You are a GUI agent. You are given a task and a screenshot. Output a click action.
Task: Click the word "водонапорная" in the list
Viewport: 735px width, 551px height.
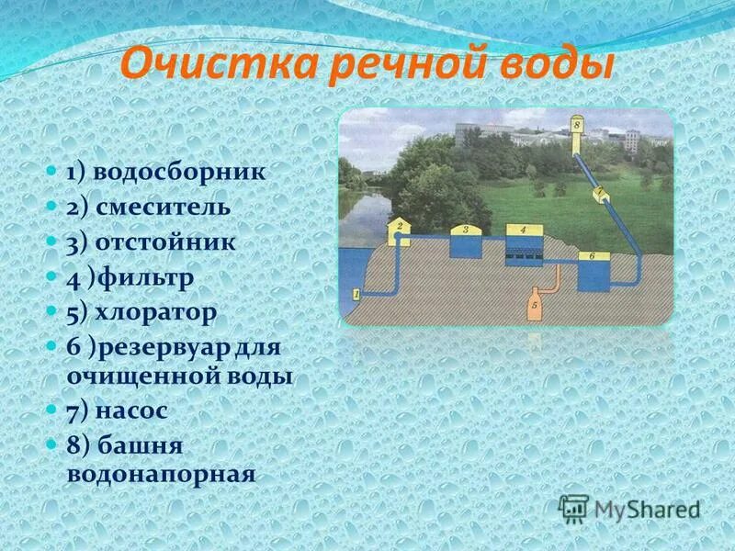coord(160,475)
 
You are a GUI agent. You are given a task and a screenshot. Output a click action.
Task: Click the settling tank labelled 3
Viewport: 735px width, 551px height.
coord(466,242)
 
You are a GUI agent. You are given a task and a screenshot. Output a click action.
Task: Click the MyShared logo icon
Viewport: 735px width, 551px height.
coord(574,508)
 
